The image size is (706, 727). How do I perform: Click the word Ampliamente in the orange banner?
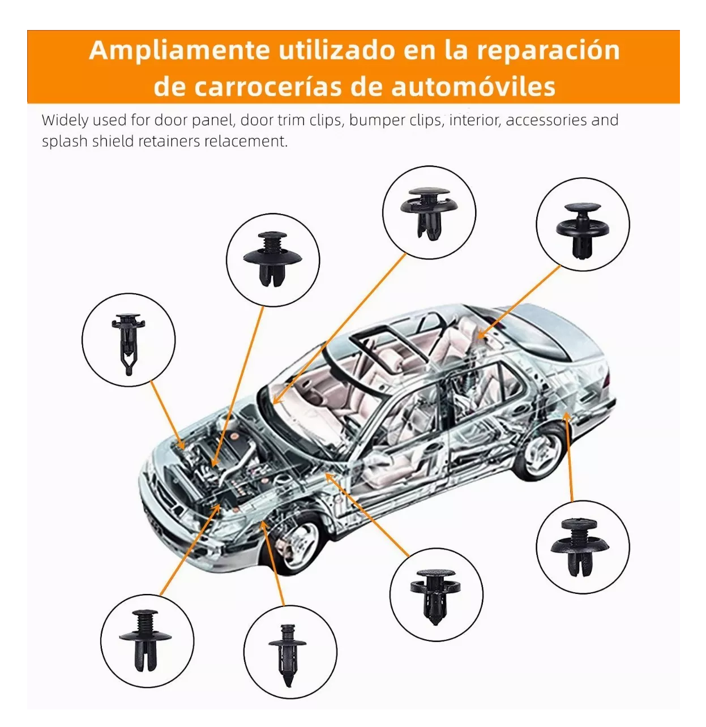(x=179, y=50)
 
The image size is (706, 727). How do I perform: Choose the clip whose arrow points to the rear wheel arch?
(x=581, y=546)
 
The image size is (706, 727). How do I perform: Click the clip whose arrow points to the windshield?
(x=429, y=212)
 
